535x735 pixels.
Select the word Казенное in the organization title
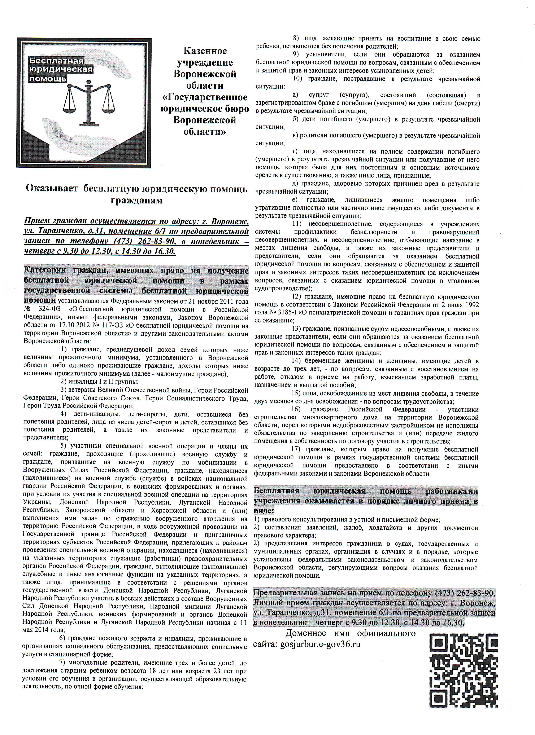pyautogui.click(x=205, y=51)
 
